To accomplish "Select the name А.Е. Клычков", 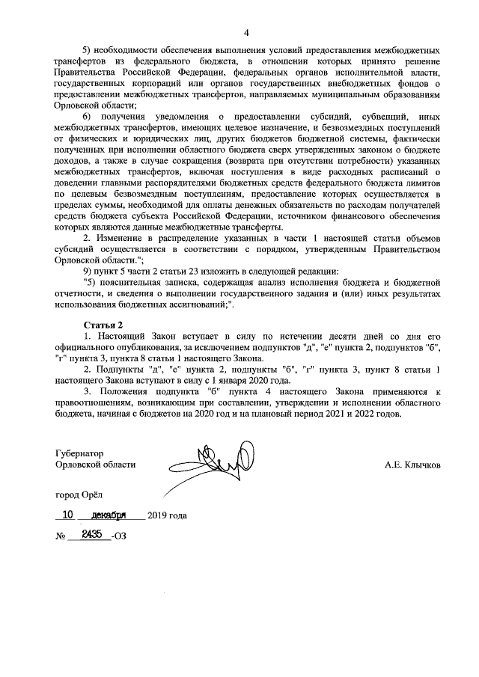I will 412,465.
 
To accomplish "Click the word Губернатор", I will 79,453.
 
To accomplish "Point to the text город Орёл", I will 80,495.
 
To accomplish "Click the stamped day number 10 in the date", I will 68,515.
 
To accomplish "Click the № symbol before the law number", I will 61,537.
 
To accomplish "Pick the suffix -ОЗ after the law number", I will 118,537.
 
